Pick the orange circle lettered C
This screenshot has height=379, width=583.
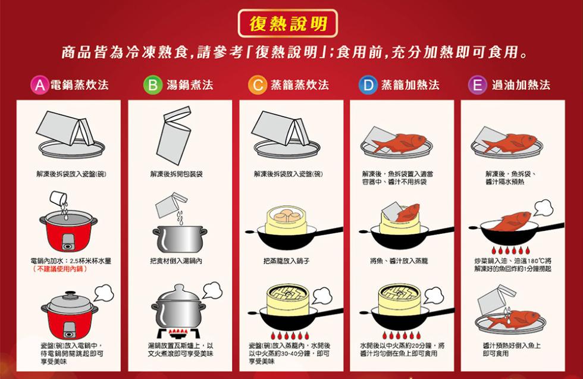[256, 84]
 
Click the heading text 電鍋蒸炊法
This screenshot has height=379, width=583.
[79, 84]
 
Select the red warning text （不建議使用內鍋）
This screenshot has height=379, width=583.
[59, 269]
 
